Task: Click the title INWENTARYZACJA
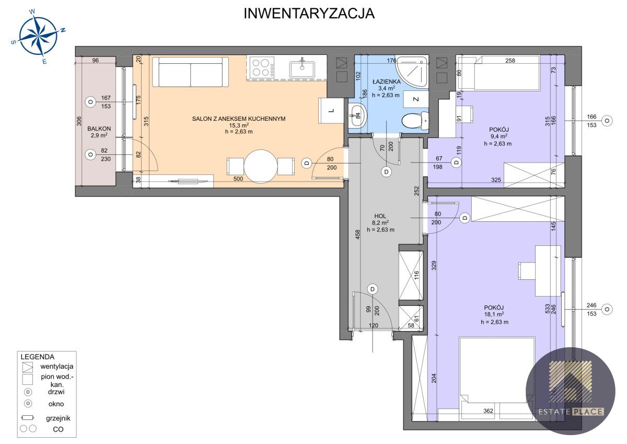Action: tap(309, 14)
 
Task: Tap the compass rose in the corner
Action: tap(38, 36)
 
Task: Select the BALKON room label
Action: tap(99, 129)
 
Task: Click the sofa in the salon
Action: tap(191, 72)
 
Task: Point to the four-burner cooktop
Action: tap(261, 67)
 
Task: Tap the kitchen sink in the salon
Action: tap(302, 68)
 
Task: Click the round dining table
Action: tap(261, 167)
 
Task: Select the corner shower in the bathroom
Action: tap(412, 71)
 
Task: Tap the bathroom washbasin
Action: tap(357, 116)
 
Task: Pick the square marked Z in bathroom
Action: tap(416, 99)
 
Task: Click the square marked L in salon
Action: tap(331, 111)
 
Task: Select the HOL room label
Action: tap(380, 216)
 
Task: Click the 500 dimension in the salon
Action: tap(238, 179)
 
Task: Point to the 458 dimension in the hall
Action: tap(357, 235)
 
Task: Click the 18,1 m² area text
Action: tap(494, 315)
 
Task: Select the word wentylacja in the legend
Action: tap(57, 367)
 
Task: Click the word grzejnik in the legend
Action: tap(58, 418)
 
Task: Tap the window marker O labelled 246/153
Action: tap(607, 309)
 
